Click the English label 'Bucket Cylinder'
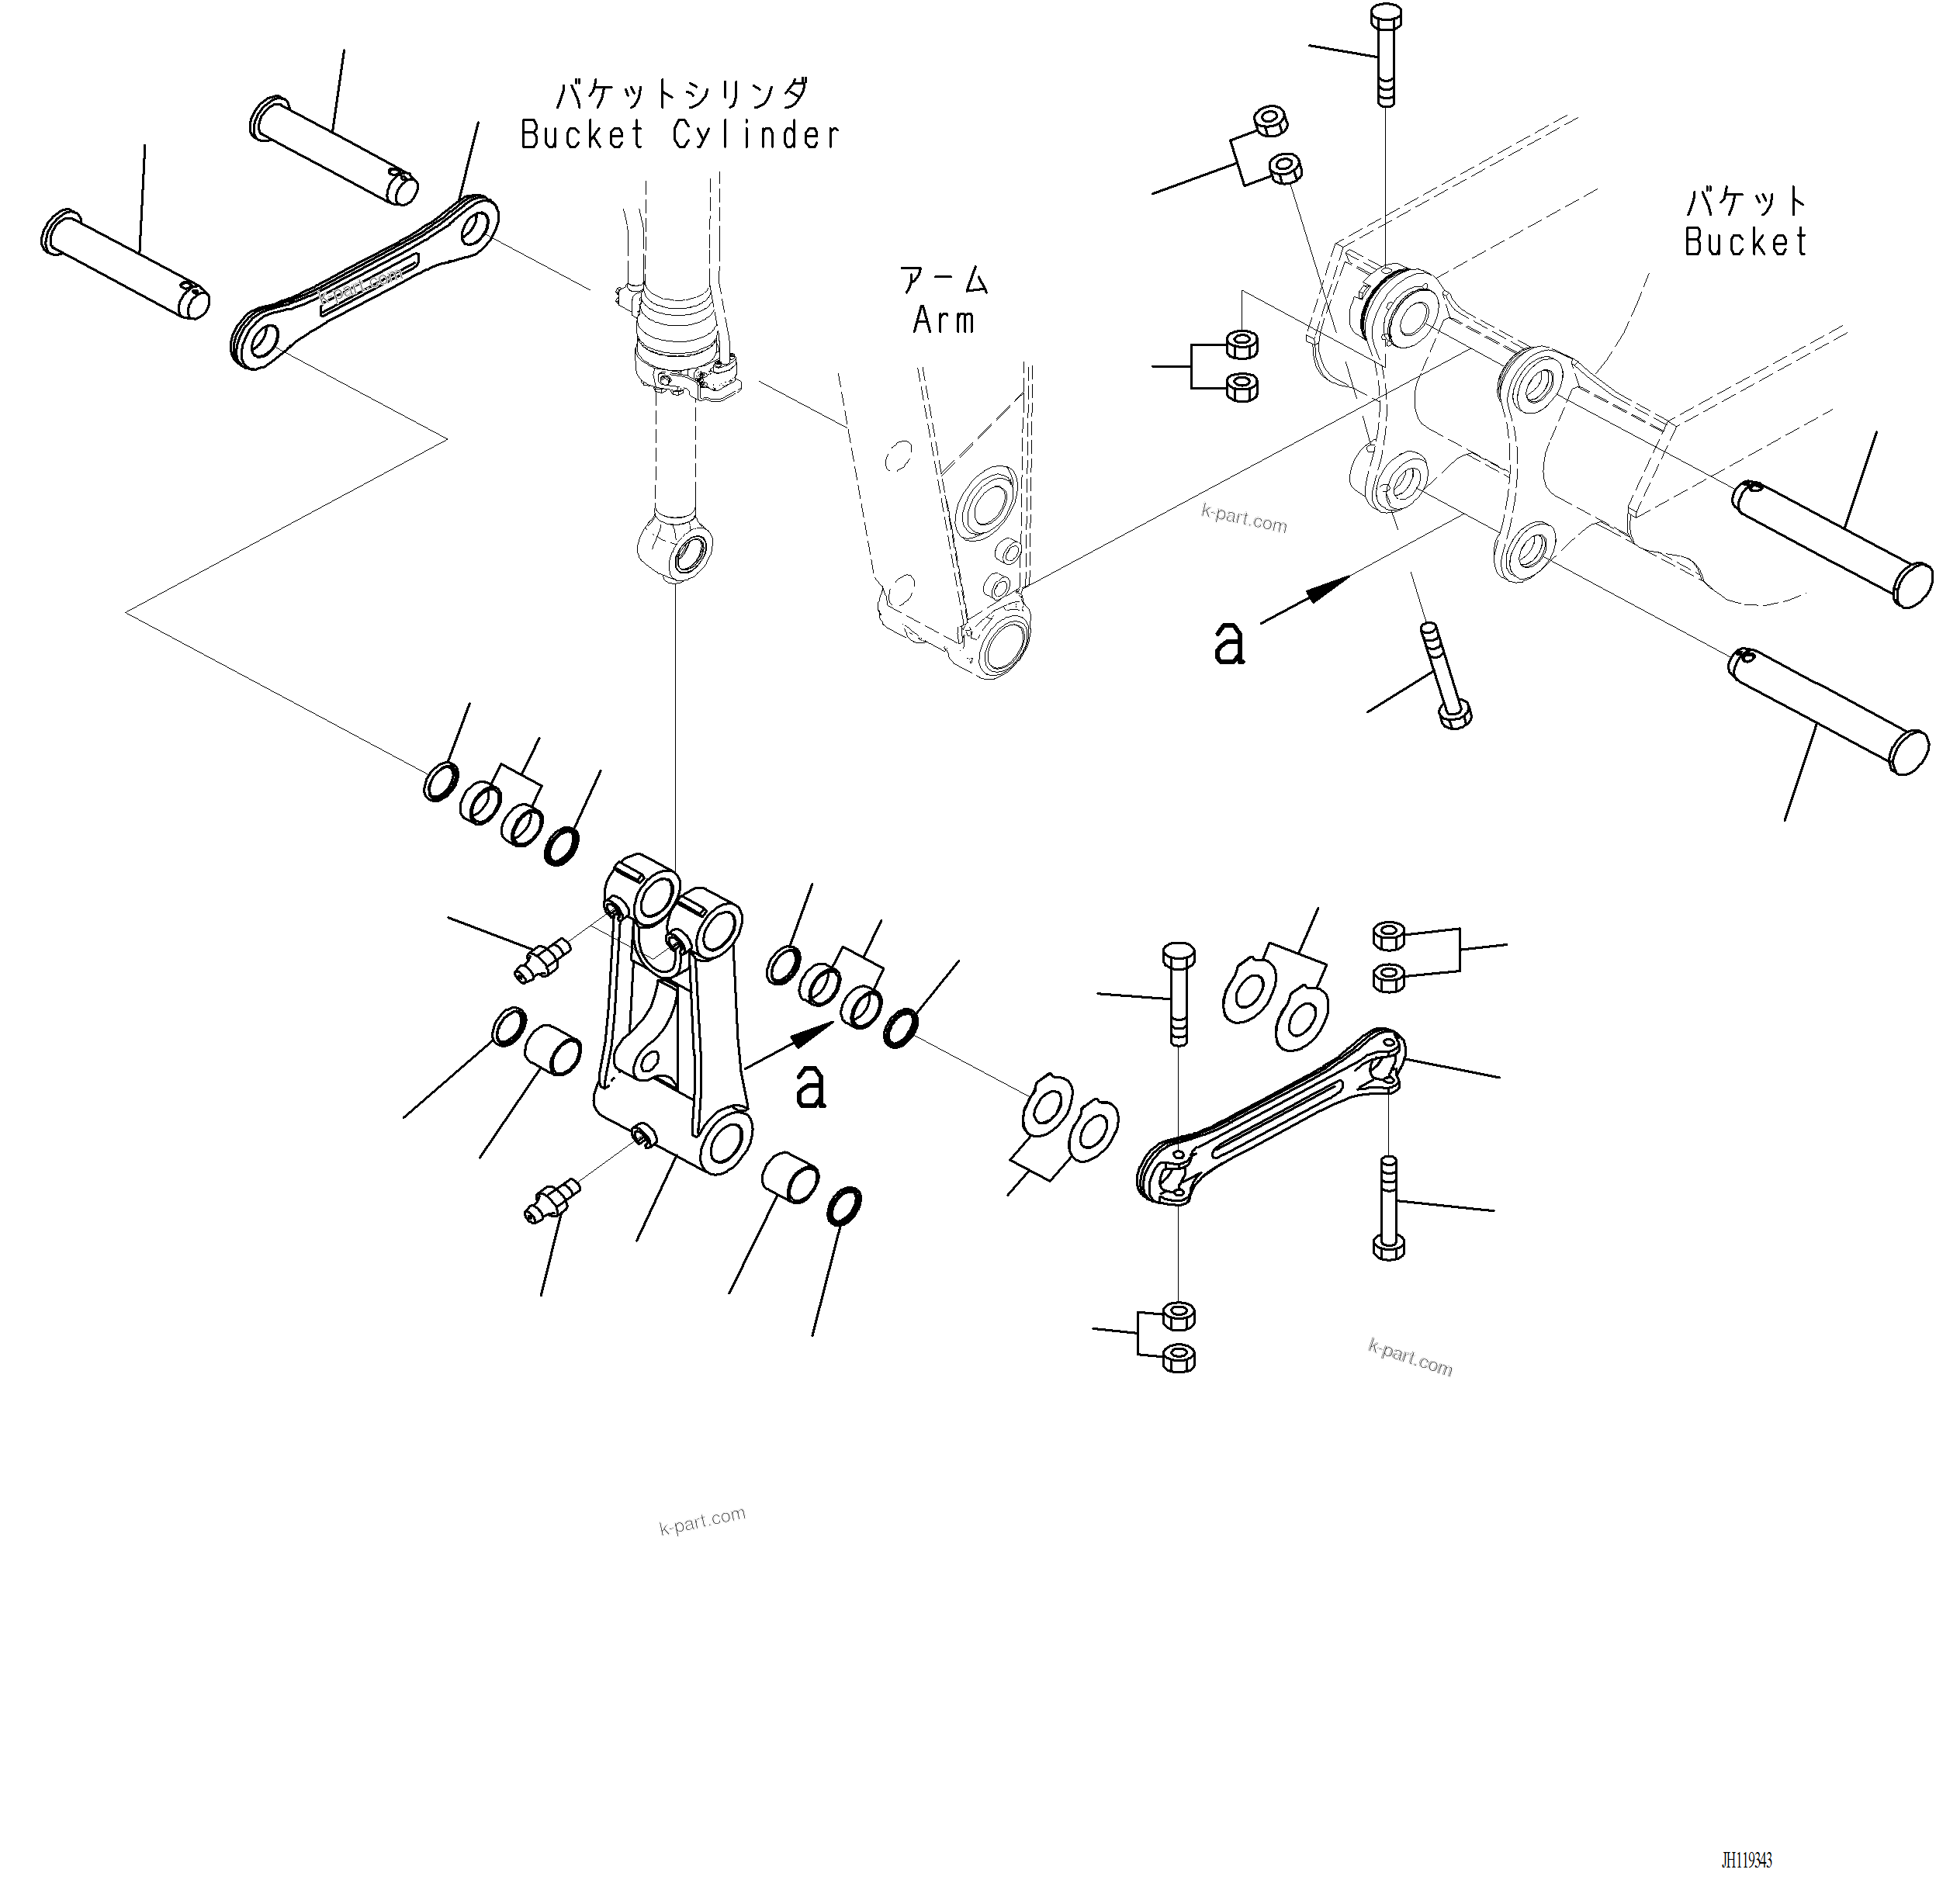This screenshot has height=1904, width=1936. tap(679, 135)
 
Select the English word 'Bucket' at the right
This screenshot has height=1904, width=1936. tap(1745, 242)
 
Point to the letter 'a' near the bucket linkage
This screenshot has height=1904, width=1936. tap(1228, 643)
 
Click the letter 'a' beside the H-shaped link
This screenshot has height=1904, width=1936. tap(810, 1087)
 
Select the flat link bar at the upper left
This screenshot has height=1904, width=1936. tap(365, 282)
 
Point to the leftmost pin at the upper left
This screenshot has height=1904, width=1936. tap(125, 265)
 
